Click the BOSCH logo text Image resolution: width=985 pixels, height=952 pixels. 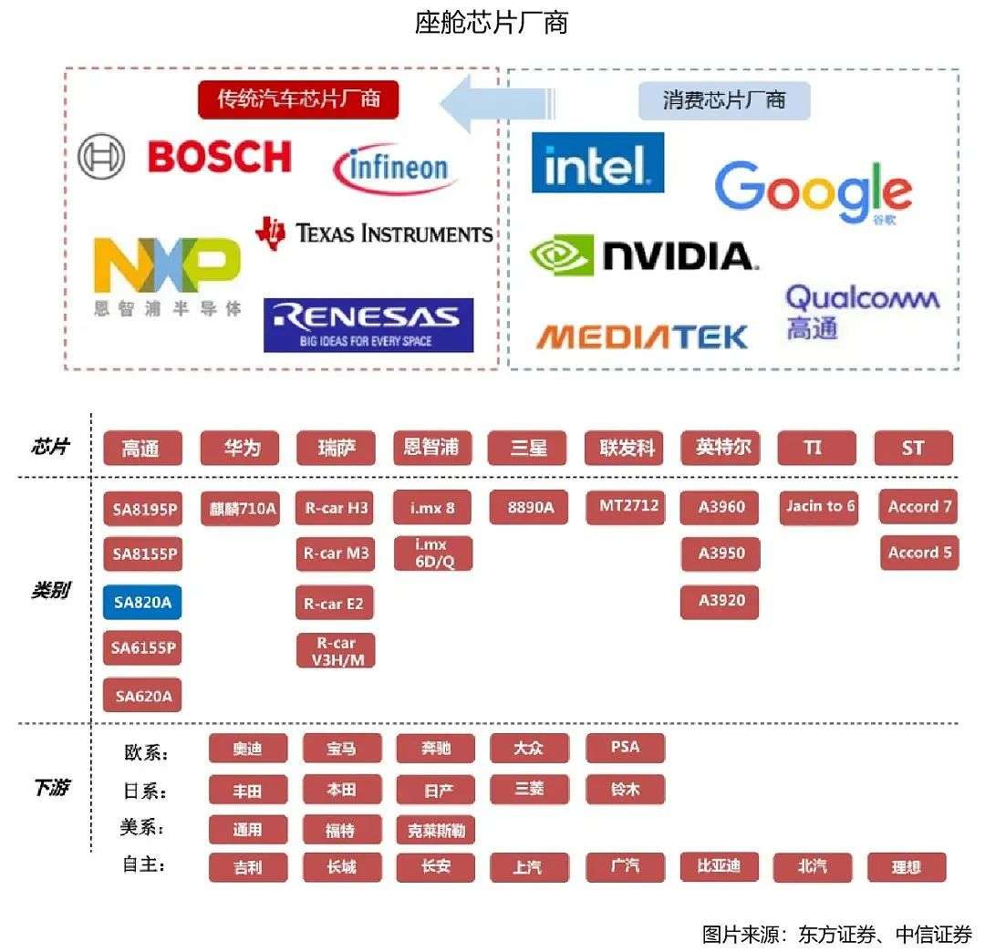click(219, 157)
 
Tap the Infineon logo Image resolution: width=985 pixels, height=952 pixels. click(395, 169)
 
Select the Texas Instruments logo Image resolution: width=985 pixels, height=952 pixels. click(375, 233)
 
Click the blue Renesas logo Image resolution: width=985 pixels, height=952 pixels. click(368, 325)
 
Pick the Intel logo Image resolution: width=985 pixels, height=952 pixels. click(597, 163)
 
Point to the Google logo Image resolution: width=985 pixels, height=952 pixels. click(812, 191)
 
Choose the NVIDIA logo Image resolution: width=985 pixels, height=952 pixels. click(644, 255)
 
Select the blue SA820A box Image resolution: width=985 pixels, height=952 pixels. click(142, 602)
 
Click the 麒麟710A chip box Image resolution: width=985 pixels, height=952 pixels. click(241, 508)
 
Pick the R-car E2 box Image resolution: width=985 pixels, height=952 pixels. click(335, 603)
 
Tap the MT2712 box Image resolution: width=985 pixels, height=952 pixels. click(627, 506)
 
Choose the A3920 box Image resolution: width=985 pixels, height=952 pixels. click(721, 601)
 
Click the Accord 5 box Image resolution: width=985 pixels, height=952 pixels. click(918, 553)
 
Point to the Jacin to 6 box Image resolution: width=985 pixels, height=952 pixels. click(820, 507)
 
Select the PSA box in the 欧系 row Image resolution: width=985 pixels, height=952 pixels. click(625, 748)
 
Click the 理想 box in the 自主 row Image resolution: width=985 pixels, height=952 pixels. click(906, 866)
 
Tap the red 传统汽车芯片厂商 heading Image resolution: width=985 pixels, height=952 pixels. click(298, 99)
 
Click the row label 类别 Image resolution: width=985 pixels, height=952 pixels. click(51, 591)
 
